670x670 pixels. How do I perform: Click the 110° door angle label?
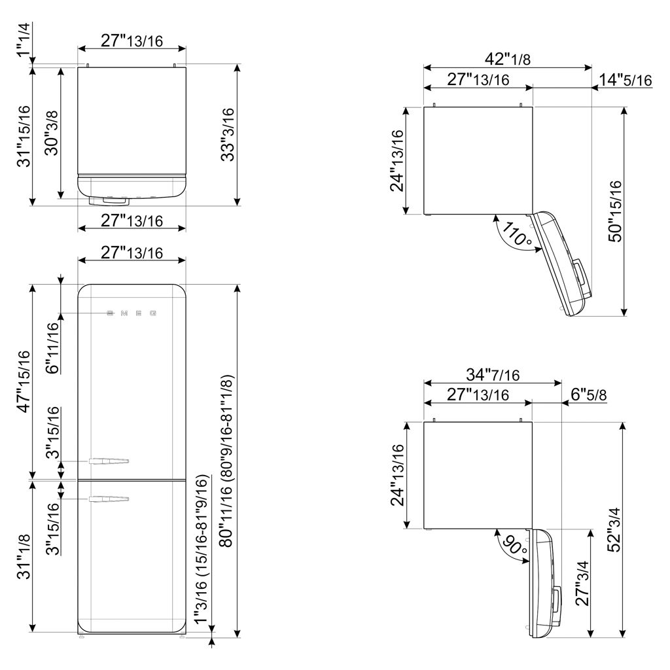point(517,234)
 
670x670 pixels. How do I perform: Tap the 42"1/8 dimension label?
point(507,59)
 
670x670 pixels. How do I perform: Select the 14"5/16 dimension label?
point(625,79)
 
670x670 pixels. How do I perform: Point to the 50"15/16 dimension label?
point(615,211)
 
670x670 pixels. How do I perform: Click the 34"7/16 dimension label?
point(493,375)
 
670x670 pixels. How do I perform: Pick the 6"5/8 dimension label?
point(588,395)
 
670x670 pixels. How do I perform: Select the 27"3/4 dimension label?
point(582,584)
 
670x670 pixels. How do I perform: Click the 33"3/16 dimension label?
point(227,135)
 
